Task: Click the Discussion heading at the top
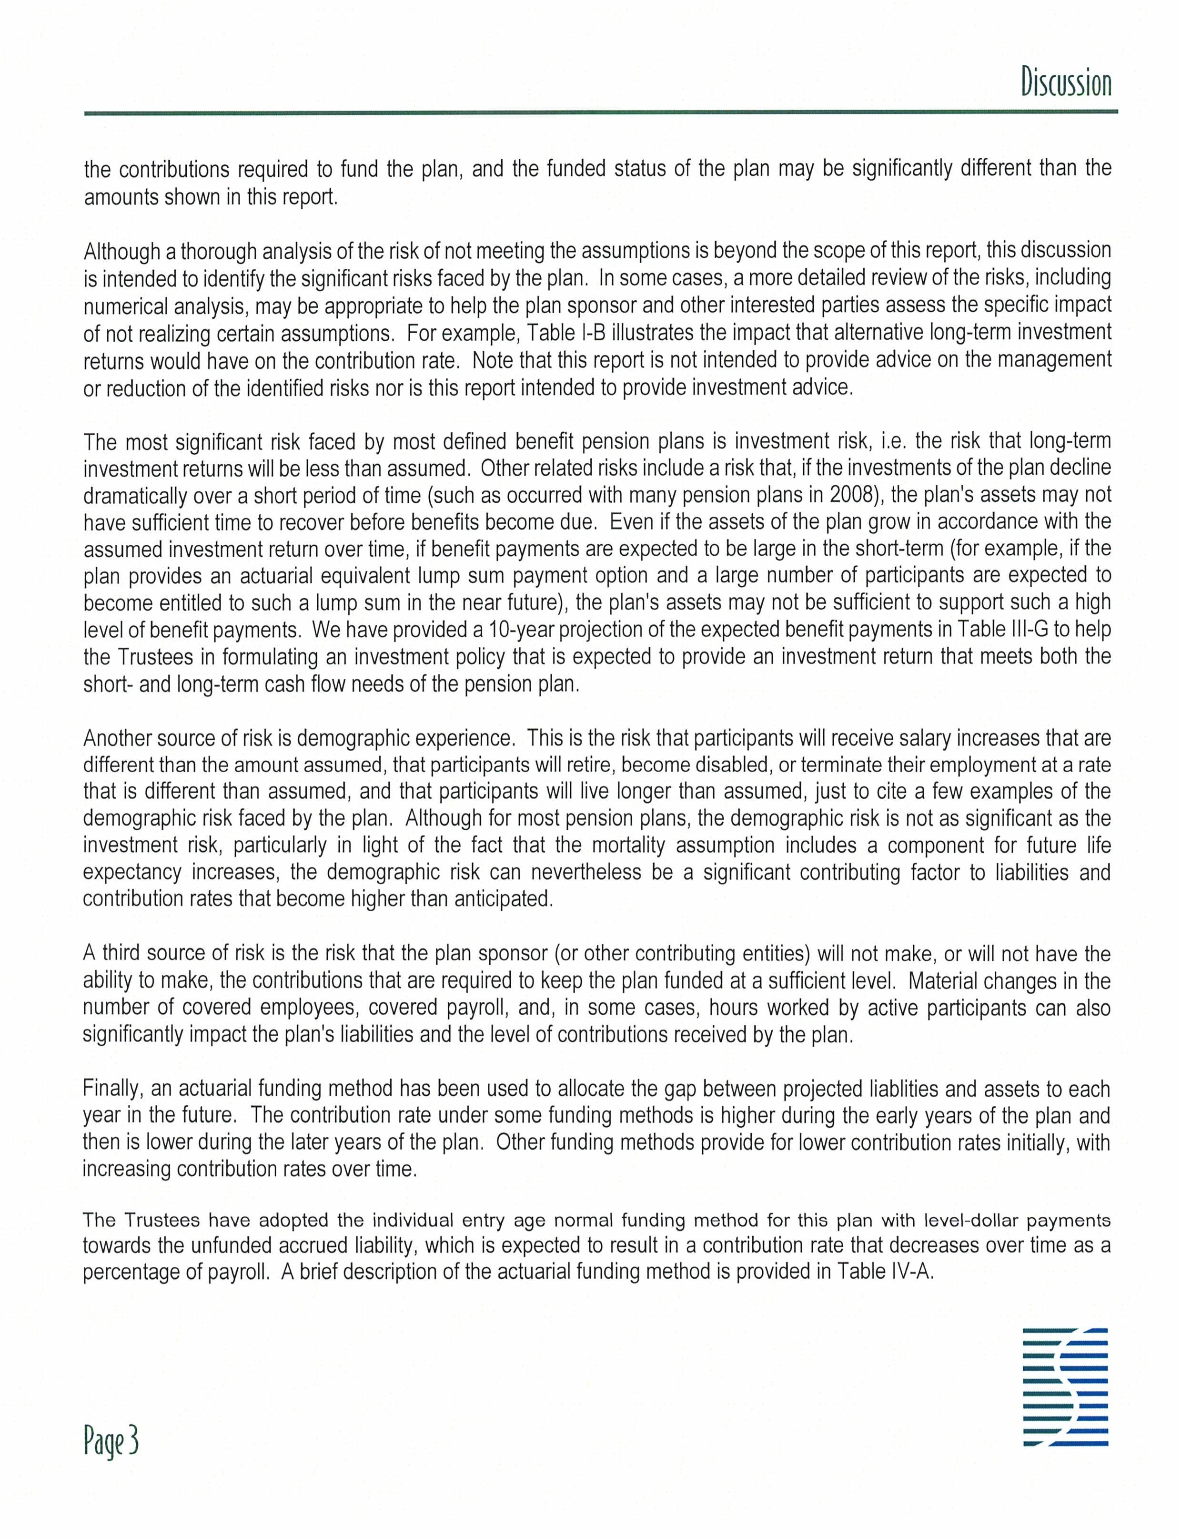tap(1066, 82)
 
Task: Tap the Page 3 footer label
tap(111, 1440)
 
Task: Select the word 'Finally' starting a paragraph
tap(113, 1089)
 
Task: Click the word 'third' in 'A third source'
tap(122, 954)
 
